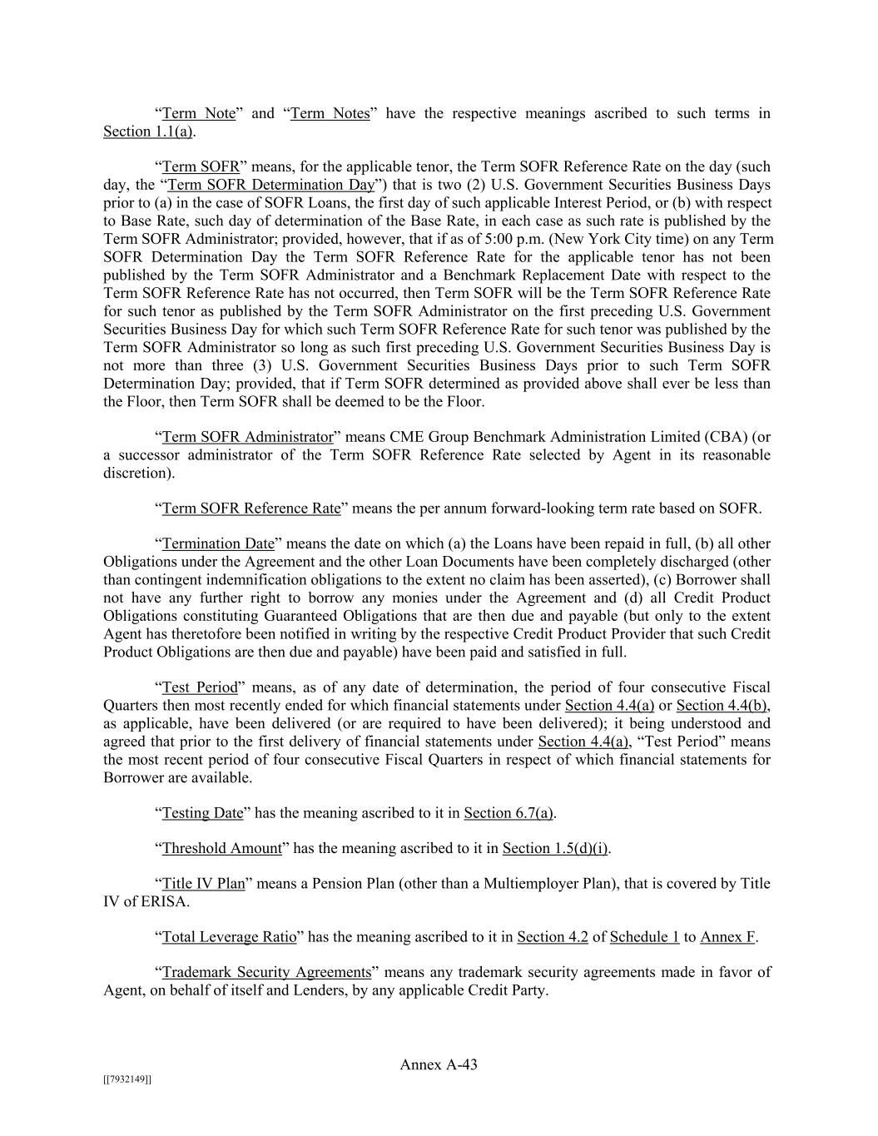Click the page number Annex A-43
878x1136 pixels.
pyautogui.click(x=439, y=1064)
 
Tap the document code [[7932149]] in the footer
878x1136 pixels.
pyautogui.click(x=127, y=1079)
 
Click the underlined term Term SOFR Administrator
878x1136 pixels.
pyautogui.click(x=247, y=437)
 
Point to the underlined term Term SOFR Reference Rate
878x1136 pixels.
pyautogui.click(x=251, y=508)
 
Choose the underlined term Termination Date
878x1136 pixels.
pyautogui.click(x=218, y=544)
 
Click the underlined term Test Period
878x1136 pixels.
pyautogui.click(x=200, y=687)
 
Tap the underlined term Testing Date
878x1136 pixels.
pyautogui.click(x=202, y=813)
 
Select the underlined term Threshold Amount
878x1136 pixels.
pyautogui.click(x=222, y=849)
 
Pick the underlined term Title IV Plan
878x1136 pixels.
pyautogui.click(x=203, y=884)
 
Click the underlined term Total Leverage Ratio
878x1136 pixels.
pyautogui.click(x=229, y=937)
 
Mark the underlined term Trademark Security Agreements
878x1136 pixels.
pyautogui.click(x=266, y=972)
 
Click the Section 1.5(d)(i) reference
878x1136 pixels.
pyautogui.click(x=556, y=849)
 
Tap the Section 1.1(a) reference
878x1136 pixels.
pyautogui.click(x=148, y=131)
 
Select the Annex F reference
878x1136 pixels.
pyautogui.click(x=727, y=937)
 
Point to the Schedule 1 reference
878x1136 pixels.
pyautogui.click(x=645, y=937)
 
